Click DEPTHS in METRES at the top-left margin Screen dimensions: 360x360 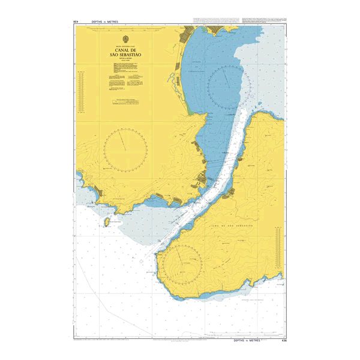point(105,22)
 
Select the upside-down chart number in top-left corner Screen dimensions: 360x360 point(76,22)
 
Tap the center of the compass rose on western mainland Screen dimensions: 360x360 point(125,149)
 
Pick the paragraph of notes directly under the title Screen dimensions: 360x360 point(125,75)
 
